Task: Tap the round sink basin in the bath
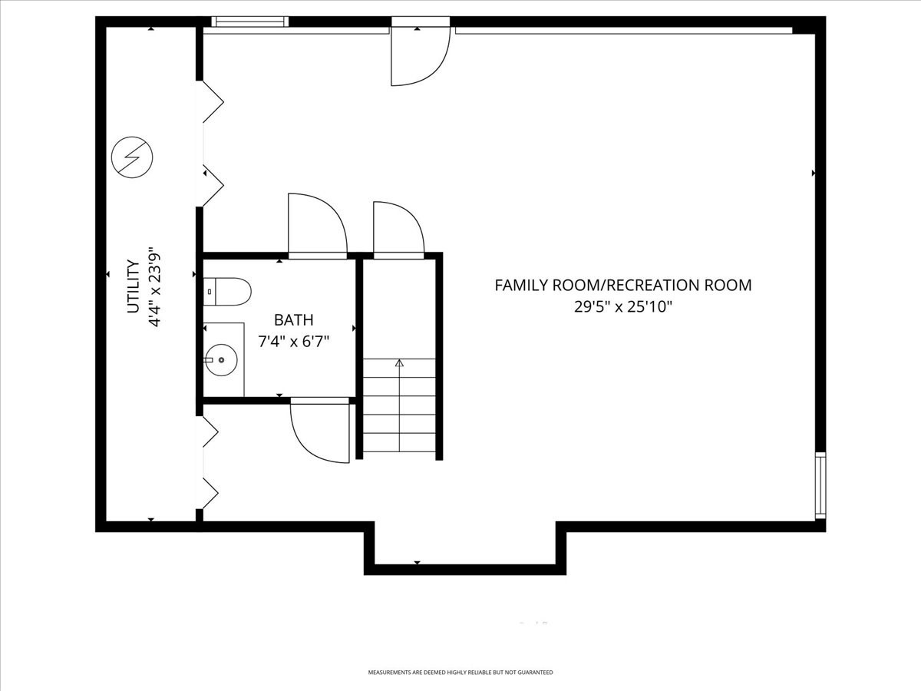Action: (221, 359)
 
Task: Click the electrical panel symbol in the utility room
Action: (132, 157)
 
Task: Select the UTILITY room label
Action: (133, 286)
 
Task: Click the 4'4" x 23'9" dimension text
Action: (156, 286)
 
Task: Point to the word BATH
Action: (294, 320)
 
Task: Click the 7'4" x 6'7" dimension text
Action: (294, 341)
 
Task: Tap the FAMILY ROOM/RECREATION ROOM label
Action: (622, 286)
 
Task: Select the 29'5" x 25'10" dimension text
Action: (622, 307)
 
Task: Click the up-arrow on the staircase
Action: (399, 363)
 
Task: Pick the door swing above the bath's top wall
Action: (315, 223)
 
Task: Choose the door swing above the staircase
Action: (398, 227)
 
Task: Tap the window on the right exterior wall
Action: (820, 485)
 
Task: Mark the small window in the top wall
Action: (249, 21)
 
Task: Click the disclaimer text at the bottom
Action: (460, 672)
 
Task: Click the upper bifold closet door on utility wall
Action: (212, 144)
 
